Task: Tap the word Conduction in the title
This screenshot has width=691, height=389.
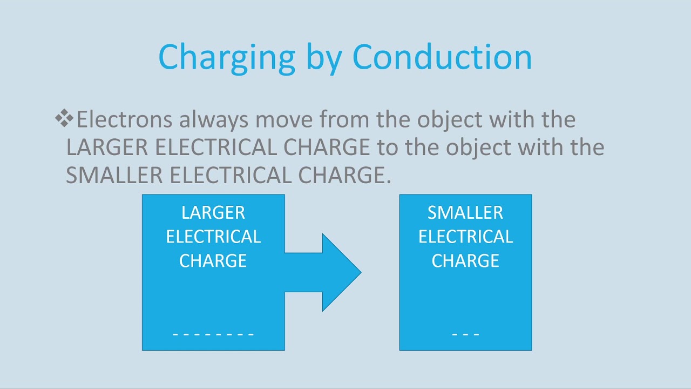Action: (x=442, y=56)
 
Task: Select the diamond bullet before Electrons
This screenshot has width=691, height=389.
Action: (x=64, y=118)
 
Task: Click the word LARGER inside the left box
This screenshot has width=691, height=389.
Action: (x=213, y=213)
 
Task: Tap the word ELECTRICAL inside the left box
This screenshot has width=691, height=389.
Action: (x=213, y=237)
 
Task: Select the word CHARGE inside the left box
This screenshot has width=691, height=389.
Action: (x=213, y=261)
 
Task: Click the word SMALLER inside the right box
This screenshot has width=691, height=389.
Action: (x=465, y=213)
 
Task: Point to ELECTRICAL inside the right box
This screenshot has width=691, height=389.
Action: (x=465, y=237)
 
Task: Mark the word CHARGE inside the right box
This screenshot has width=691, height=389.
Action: (x=465, y=261)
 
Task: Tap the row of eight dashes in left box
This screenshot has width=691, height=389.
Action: (x=213, y=334)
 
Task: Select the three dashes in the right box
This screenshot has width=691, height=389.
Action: (x=465, y=334)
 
